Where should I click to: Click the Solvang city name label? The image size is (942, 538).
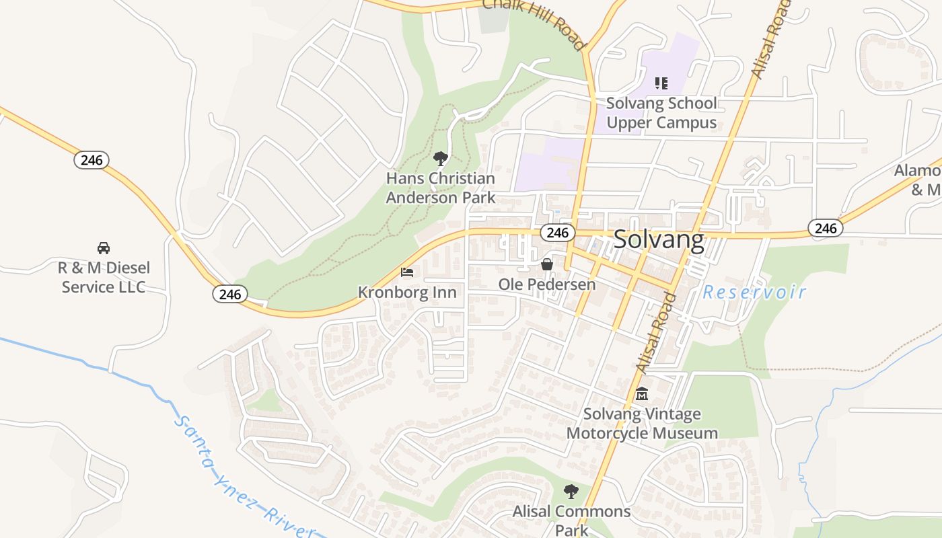(659, 239)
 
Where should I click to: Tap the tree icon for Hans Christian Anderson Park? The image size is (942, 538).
(441, 159)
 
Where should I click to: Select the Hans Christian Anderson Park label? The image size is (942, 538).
(441, 188)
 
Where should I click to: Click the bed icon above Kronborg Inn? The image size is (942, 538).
(407, 272)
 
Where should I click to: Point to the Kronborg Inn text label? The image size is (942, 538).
(407, 293)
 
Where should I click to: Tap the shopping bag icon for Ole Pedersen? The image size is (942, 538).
(547, 264)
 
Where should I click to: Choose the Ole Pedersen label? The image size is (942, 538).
(547, 284)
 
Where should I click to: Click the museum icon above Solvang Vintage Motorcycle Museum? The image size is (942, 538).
(642, 393)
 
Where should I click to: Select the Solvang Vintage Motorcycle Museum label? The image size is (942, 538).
(642, 424)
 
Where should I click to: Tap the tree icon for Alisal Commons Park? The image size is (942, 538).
(571, 492)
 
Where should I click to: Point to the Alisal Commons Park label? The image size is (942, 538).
(571, 521)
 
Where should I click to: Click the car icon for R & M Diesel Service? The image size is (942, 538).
(104, 247)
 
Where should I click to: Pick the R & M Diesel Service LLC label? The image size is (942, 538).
(104, 277)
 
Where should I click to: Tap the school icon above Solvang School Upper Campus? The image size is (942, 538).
(661, 83)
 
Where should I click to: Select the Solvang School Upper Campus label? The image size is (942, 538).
(661, 113)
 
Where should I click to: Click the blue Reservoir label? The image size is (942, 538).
(754, 293)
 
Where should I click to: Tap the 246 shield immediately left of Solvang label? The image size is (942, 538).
(557, 233)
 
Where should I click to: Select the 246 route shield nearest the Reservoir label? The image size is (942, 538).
(826, 228)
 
